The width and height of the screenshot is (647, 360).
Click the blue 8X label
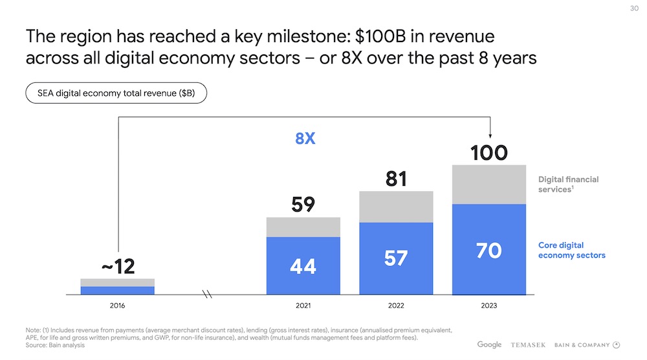305,138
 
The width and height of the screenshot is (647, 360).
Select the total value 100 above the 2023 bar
488,153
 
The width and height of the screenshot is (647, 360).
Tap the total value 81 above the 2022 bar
396,179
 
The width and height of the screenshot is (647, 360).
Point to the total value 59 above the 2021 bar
303,205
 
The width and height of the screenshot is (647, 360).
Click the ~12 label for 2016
117,266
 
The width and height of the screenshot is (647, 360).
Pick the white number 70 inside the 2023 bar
488,251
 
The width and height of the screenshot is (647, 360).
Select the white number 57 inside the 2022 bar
396,258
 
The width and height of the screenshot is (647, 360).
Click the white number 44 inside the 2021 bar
303,265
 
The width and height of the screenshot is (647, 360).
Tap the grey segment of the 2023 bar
488,185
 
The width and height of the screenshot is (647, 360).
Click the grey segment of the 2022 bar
396,207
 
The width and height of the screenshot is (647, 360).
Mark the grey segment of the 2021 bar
303,227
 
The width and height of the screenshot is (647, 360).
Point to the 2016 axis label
117,305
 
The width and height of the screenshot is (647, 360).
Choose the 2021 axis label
303,305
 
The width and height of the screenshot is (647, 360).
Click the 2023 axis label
488,305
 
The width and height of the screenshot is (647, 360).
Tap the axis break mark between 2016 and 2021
208,295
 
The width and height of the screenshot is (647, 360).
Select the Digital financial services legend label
568,185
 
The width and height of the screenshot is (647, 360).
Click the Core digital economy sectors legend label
571,250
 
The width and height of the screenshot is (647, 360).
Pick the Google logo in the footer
490,344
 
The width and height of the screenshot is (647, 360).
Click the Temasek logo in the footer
532,344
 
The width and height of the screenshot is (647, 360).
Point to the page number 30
633,8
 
